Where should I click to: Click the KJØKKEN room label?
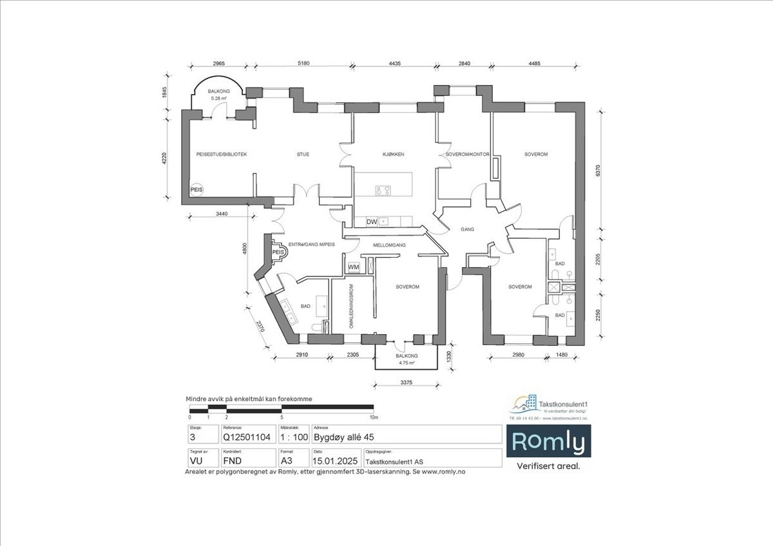393,155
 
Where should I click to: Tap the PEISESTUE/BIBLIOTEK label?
222,155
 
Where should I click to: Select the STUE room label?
303,155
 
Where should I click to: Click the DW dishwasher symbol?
372,222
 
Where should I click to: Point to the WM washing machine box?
354,267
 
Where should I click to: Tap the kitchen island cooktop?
383,190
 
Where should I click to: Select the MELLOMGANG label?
388,246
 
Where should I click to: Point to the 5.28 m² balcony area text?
218,99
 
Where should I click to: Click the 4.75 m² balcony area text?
406,363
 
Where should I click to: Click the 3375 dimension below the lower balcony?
406,383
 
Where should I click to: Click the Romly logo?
549,442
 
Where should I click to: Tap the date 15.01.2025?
335,461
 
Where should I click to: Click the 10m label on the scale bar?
374,418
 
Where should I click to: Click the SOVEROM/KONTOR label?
468,155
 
